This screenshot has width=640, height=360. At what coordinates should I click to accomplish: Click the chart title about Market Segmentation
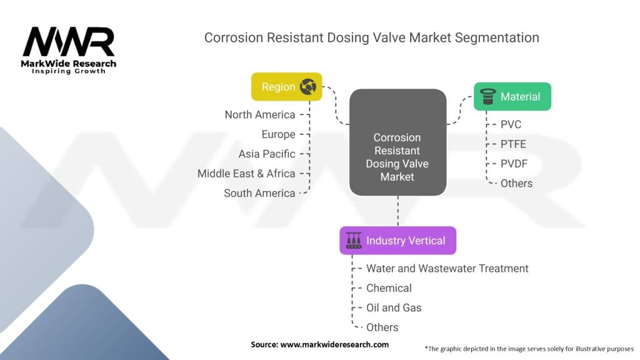tap(371, 37)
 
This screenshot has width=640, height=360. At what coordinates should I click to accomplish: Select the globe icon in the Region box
tap(307, 87)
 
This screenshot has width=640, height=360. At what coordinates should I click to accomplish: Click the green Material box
tap(512, 97)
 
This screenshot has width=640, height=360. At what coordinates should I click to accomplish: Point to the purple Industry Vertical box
tap(397, 241)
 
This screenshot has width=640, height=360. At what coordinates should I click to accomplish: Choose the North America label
tap(259, 114)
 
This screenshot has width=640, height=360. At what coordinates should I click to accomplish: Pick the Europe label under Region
tap(278, 134)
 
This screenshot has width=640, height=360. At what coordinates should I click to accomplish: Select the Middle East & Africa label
tap(246, 174)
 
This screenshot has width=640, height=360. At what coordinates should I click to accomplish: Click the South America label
tap(259, 193)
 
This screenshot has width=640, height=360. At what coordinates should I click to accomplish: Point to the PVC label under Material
tap(511, 124)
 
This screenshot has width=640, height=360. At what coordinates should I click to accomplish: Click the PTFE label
tap(513, 144)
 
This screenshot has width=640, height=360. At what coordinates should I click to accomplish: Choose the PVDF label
tap(514, 164)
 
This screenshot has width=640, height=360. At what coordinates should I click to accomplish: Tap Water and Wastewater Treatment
tap(447, 268)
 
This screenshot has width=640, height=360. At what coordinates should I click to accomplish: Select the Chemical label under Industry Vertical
tap(389, 288)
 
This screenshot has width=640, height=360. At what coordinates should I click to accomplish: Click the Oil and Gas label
tap(394, 307)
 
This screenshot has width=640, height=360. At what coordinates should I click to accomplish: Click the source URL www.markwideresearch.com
tap(335, 344)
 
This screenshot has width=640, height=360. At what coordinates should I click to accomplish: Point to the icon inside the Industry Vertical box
tap(354, 241)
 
